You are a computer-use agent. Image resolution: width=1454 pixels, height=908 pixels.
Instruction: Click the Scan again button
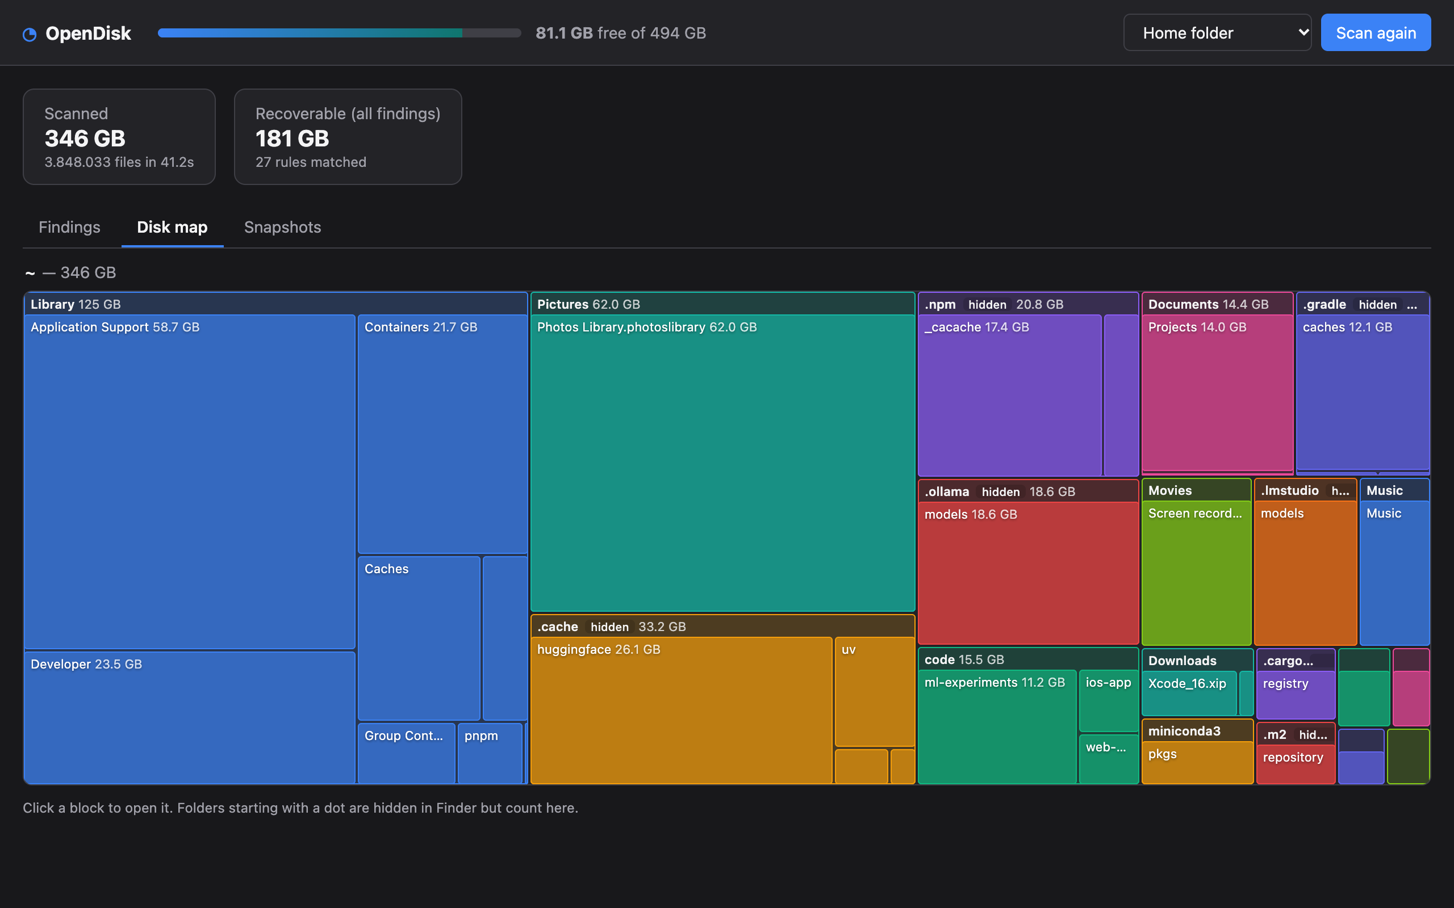1375,33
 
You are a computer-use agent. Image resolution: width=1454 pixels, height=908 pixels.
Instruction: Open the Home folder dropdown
1217,33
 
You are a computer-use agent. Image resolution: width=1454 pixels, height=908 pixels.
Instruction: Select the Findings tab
70,227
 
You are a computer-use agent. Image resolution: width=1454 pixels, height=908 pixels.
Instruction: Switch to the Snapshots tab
282,227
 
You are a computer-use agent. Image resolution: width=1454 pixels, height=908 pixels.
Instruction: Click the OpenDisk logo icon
30,34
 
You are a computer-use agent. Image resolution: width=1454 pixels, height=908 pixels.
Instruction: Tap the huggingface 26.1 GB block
682,710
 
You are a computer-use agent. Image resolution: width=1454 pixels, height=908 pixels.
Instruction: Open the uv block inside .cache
875,691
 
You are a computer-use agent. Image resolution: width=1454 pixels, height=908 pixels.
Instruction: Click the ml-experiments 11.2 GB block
997,726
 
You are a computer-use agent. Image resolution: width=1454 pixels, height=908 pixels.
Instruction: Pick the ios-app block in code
1109,700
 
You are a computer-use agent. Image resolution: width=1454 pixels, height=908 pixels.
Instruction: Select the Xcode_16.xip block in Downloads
1189,693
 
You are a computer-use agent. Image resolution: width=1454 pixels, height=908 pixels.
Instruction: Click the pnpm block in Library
490,753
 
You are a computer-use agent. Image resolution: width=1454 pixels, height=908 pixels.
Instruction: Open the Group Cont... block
407,753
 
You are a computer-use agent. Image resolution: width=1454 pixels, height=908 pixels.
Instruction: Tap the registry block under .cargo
1296,695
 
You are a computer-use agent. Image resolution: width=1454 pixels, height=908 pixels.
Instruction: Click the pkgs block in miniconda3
1197,763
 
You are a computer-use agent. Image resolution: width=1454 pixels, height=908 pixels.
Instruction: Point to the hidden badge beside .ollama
1000,492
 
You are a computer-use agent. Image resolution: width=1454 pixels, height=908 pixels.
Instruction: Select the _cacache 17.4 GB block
1010,395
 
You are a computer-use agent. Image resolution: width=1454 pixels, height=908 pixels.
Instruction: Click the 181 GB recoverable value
293,138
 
